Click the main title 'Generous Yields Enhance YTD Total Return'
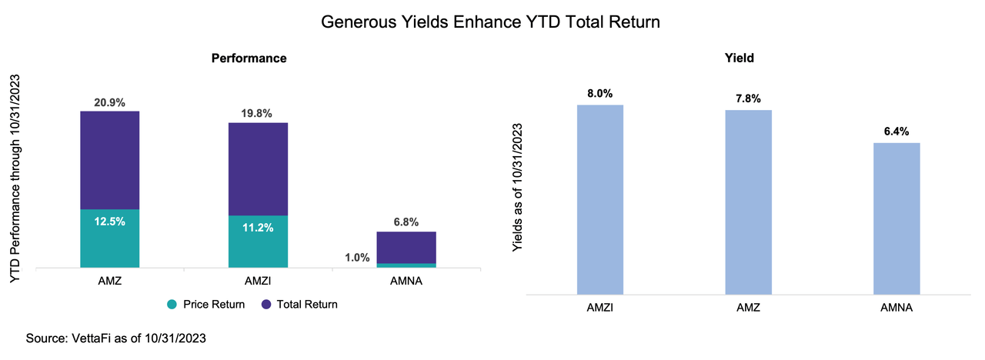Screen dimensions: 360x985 [490, 23]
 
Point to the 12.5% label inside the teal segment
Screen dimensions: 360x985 [109, 222]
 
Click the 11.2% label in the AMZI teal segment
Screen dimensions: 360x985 [258, 228]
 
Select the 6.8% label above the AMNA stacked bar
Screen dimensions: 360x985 [406, 222]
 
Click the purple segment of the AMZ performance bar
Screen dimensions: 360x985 [109, 160]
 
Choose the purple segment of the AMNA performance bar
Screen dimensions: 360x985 [406, 247]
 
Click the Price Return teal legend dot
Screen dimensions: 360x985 [172, 305]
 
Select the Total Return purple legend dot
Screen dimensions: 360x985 [265, 305]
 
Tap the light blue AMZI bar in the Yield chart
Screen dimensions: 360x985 [599, 200]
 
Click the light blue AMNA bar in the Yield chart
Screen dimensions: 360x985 [897, 218]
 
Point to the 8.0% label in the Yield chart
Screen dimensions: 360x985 [599, 94]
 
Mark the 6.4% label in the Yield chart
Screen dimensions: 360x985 [897, 131]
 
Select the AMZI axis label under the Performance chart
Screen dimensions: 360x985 [258, 282]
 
